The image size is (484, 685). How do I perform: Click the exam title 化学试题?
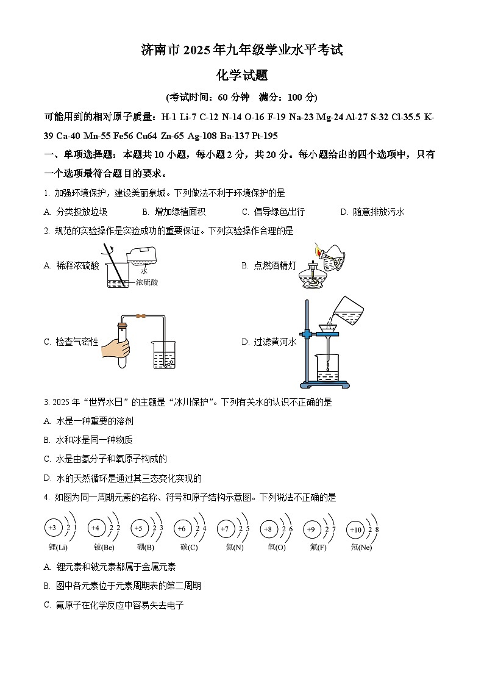242,76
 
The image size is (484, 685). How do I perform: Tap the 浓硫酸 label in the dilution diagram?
146,282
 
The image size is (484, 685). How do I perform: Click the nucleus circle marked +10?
356,530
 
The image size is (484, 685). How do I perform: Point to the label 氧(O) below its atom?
276,547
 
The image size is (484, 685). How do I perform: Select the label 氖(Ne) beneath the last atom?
361,547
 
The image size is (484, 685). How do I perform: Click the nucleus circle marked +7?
225,528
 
